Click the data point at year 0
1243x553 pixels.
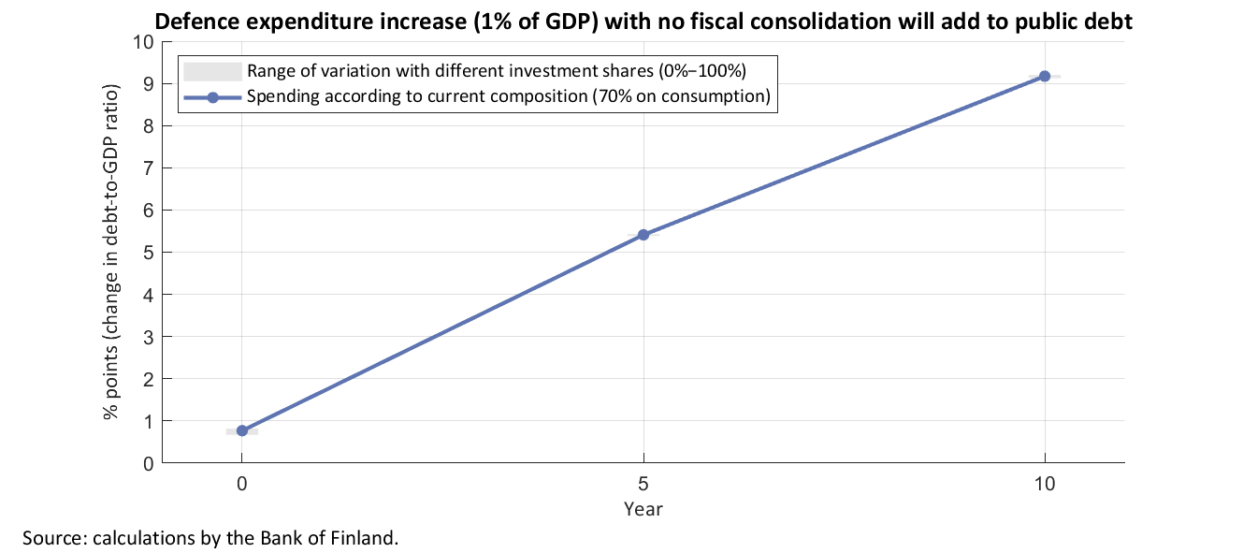coord(242,430)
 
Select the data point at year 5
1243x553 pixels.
coord(643,235)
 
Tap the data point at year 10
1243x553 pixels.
coord(1045,76)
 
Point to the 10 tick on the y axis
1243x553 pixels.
coord(143,42)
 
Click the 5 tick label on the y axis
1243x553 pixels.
coord(148,253)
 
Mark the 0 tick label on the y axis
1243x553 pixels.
coord(148,463)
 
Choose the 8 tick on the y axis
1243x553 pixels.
coord(148,126)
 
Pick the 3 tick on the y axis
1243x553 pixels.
coord(148,337)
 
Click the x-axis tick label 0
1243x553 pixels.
coord(242,485)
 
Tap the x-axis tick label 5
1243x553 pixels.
coord(643,485)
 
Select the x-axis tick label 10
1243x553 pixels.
coord(1045,485)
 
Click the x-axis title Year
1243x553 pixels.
coord(643,509)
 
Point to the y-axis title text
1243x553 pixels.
coord(111,252)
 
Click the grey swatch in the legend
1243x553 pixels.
coord(212,71)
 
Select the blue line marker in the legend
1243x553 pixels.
coord(212,96)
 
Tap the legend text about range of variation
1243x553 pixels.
coord(496,71)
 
